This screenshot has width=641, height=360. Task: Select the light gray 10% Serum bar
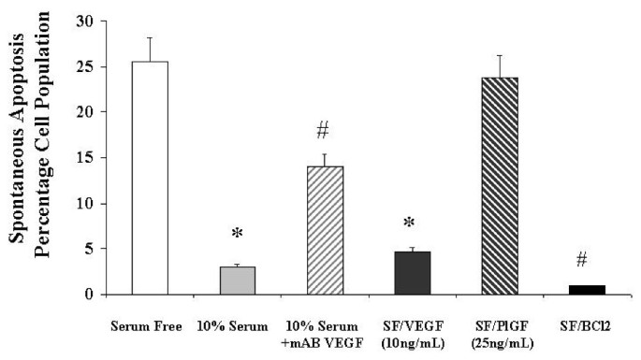click(x=239, y=281)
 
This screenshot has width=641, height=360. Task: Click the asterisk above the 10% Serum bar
click(x=239, y=233)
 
